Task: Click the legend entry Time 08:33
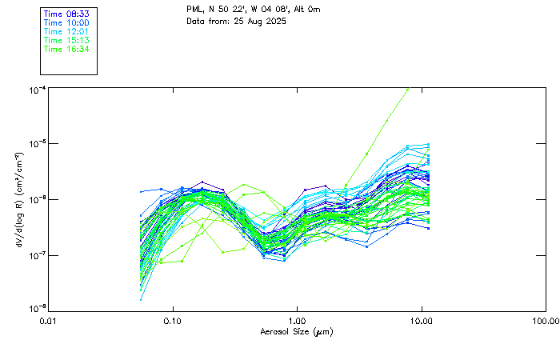[x=66, y=14]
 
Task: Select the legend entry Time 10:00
[x=66, y=22]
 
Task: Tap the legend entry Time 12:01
[x=66, y=31]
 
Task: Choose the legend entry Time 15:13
[x=66, y=40]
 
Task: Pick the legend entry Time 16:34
[x=66, y=49]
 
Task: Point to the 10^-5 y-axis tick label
[x=37, y=145]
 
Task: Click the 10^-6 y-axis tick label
[x=37, y=200]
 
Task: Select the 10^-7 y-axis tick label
[x=37, y=255]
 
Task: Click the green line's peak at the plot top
[x=408, y=89]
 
